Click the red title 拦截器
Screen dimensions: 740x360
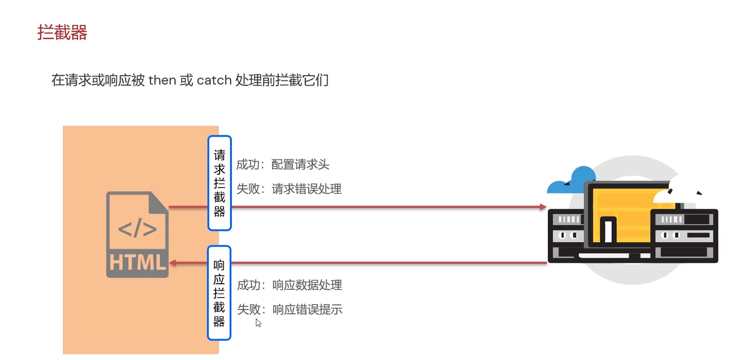62,33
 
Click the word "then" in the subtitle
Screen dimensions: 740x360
162,80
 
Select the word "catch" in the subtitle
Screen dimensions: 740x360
214,80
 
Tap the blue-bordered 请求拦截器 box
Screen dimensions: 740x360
219,183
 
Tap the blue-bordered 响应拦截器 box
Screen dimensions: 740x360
219,293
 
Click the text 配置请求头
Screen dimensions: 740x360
300,165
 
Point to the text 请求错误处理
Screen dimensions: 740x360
307,189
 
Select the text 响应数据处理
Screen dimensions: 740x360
307,285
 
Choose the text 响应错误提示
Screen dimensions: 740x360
307,310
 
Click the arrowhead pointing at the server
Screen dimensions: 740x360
543,207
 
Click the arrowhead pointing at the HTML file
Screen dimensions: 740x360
173,263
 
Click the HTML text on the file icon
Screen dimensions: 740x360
137,262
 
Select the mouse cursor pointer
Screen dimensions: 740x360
258,323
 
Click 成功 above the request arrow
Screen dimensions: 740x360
248,165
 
